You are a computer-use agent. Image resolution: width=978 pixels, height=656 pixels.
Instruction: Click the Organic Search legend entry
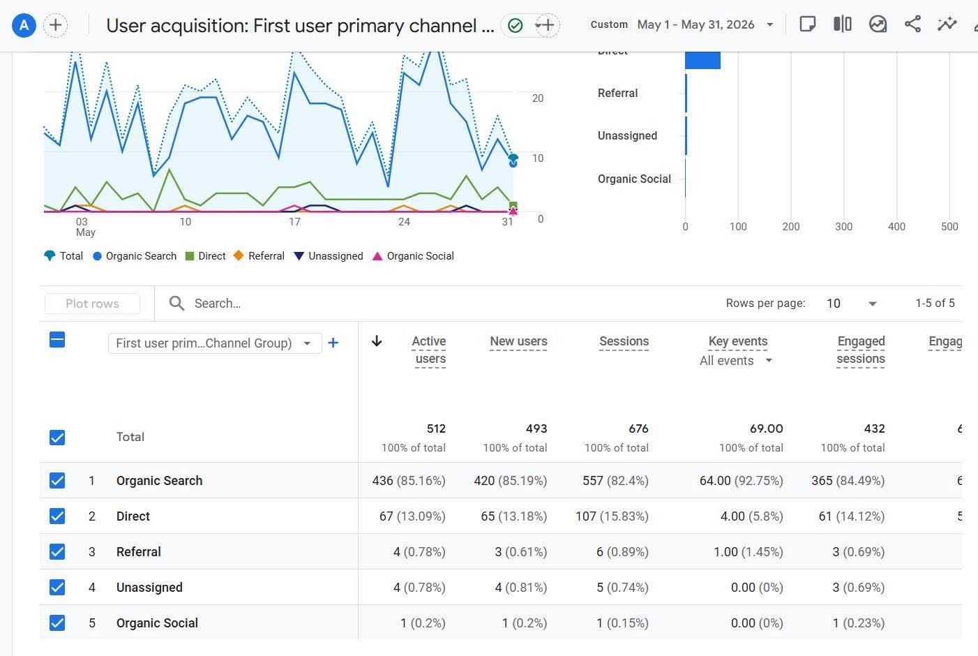click(135, 256)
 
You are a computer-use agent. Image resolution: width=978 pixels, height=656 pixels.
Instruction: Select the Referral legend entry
click(259, 256)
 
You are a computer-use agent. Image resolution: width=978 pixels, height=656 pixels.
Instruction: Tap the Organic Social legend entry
click(413, 256)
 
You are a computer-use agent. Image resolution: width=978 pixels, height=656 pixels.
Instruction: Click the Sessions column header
click(624, 341)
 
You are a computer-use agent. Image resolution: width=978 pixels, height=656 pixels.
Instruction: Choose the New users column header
click(518, 341)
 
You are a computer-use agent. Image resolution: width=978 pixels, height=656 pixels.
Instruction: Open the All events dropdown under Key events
click(736, 361)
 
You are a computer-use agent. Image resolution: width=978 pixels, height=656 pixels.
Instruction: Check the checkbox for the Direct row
click(57, 516)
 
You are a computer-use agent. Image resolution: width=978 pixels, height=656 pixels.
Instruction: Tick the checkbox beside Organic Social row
click(57, 623)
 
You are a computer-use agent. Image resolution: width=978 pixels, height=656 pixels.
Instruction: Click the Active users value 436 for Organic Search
click(382, 480)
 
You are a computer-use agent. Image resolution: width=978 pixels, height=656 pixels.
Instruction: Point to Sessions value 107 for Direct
click(586, 516)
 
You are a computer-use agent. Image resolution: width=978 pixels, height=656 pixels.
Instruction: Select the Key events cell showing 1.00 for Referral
click(725, 552)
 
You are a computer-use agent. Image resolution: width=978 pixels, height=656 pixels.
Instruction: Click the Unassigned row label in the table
click(149, 588)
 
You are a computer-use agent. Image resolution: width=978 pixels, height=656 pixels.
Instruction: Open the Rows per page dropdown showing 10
click(851, 303)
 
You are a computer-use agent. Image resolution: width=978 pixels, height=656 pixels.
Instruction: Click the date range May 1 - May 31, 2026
click(696, 24)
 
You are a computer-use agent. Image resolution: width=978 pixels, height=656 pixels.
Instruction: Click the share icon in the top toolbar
click(912, 24)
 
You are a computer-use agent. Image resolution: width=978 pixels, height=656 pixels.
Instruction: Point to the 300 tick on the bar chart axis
click(843, 227)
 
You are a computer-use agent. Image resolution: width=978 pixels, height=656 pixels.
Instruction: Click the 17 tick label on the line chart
click(294, 222)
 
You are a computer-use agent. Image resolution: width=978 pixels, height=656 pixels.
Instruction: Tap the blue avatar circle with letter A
click(24, 25)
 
